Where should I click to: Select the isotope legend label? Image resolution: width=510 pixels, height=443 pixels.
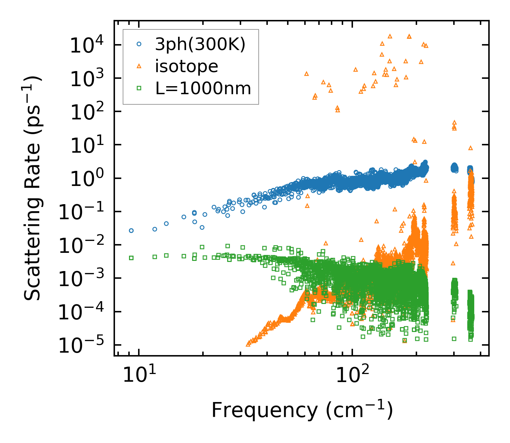tap(186, 66)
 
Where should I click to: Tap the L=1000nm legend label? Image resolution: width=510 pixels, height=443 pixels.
tap(203, 88)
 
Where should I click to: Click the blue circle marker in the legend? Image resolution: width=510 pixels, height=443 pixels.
tap(139, 44)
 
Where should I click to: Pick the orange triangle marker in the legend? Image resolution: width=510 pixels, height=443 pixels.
tap(139, 66)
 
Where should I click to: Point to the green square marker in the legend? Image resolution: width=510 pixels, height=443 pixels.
tap(139, 88)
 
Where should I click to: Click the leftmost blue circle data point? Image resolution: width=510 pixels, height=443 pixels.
tap(131, 230)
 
